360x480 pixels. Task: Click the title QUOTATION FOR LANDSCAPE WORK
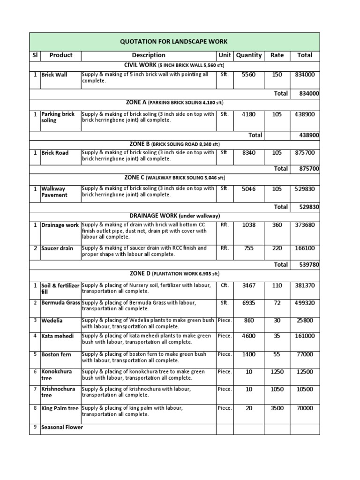174,42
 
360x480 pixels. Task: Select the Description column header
148,55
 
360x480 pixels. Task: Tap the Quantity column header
248,55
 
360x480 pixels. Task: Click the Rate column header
277,55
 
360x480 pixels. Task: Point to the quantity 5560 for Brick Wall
248,75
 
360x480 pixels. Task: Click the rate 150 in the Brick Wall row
277,75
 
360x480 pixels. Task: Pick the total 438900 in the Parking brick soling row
305,114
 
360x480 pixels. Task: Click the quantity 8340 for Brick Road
248,153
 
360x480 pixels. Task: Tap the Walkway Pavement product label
54,192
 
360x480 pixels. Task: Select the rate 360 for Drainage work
277,225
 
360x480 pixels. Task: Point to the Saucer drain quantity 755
248,248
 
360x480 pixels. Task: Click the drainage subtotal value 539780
309,265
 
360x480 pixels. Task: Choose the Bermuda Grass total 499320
305,303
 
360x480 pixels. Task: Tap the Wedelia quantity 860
248,321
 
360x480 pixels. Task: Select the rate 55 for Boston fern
277,355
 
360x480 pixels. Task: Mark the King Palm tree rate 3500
277,408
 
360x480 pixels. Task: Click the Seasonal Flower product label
62,427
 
